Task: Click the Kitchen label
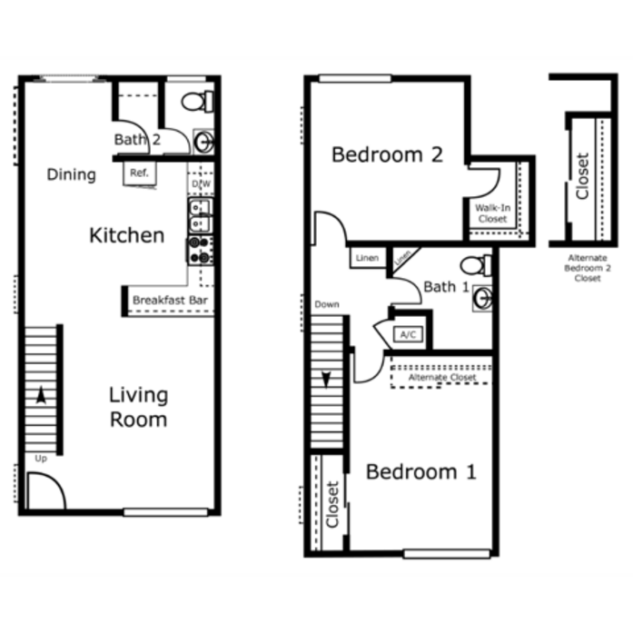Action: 127,235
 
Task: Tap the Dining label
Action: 72,174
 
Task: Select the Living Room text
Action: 138,408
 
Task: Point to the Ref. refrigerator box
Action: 139,173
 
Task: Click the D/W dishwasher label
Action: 201,184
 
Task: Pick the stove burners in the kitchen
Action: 200,251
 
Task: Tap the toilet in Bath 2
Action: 197,102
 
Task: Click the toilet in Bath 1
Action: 477,265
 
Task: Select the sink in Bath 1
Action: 482,298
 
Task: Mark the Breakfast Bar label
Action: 170,301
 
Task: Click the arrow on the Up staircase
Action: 41,395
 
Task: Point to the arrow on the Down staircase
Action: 326,380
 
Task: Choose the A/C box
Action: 408,335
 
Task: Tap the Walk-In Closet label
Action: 492,213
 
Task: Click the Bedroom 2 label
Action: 387,155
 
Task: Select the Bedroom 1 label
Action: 421,472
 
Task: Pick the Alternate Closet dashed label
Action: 442,378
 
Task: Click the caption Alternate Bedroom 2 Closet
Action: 588,268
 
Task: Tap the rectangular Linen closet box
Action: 368,258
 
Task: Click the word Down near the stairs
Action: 327,304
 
